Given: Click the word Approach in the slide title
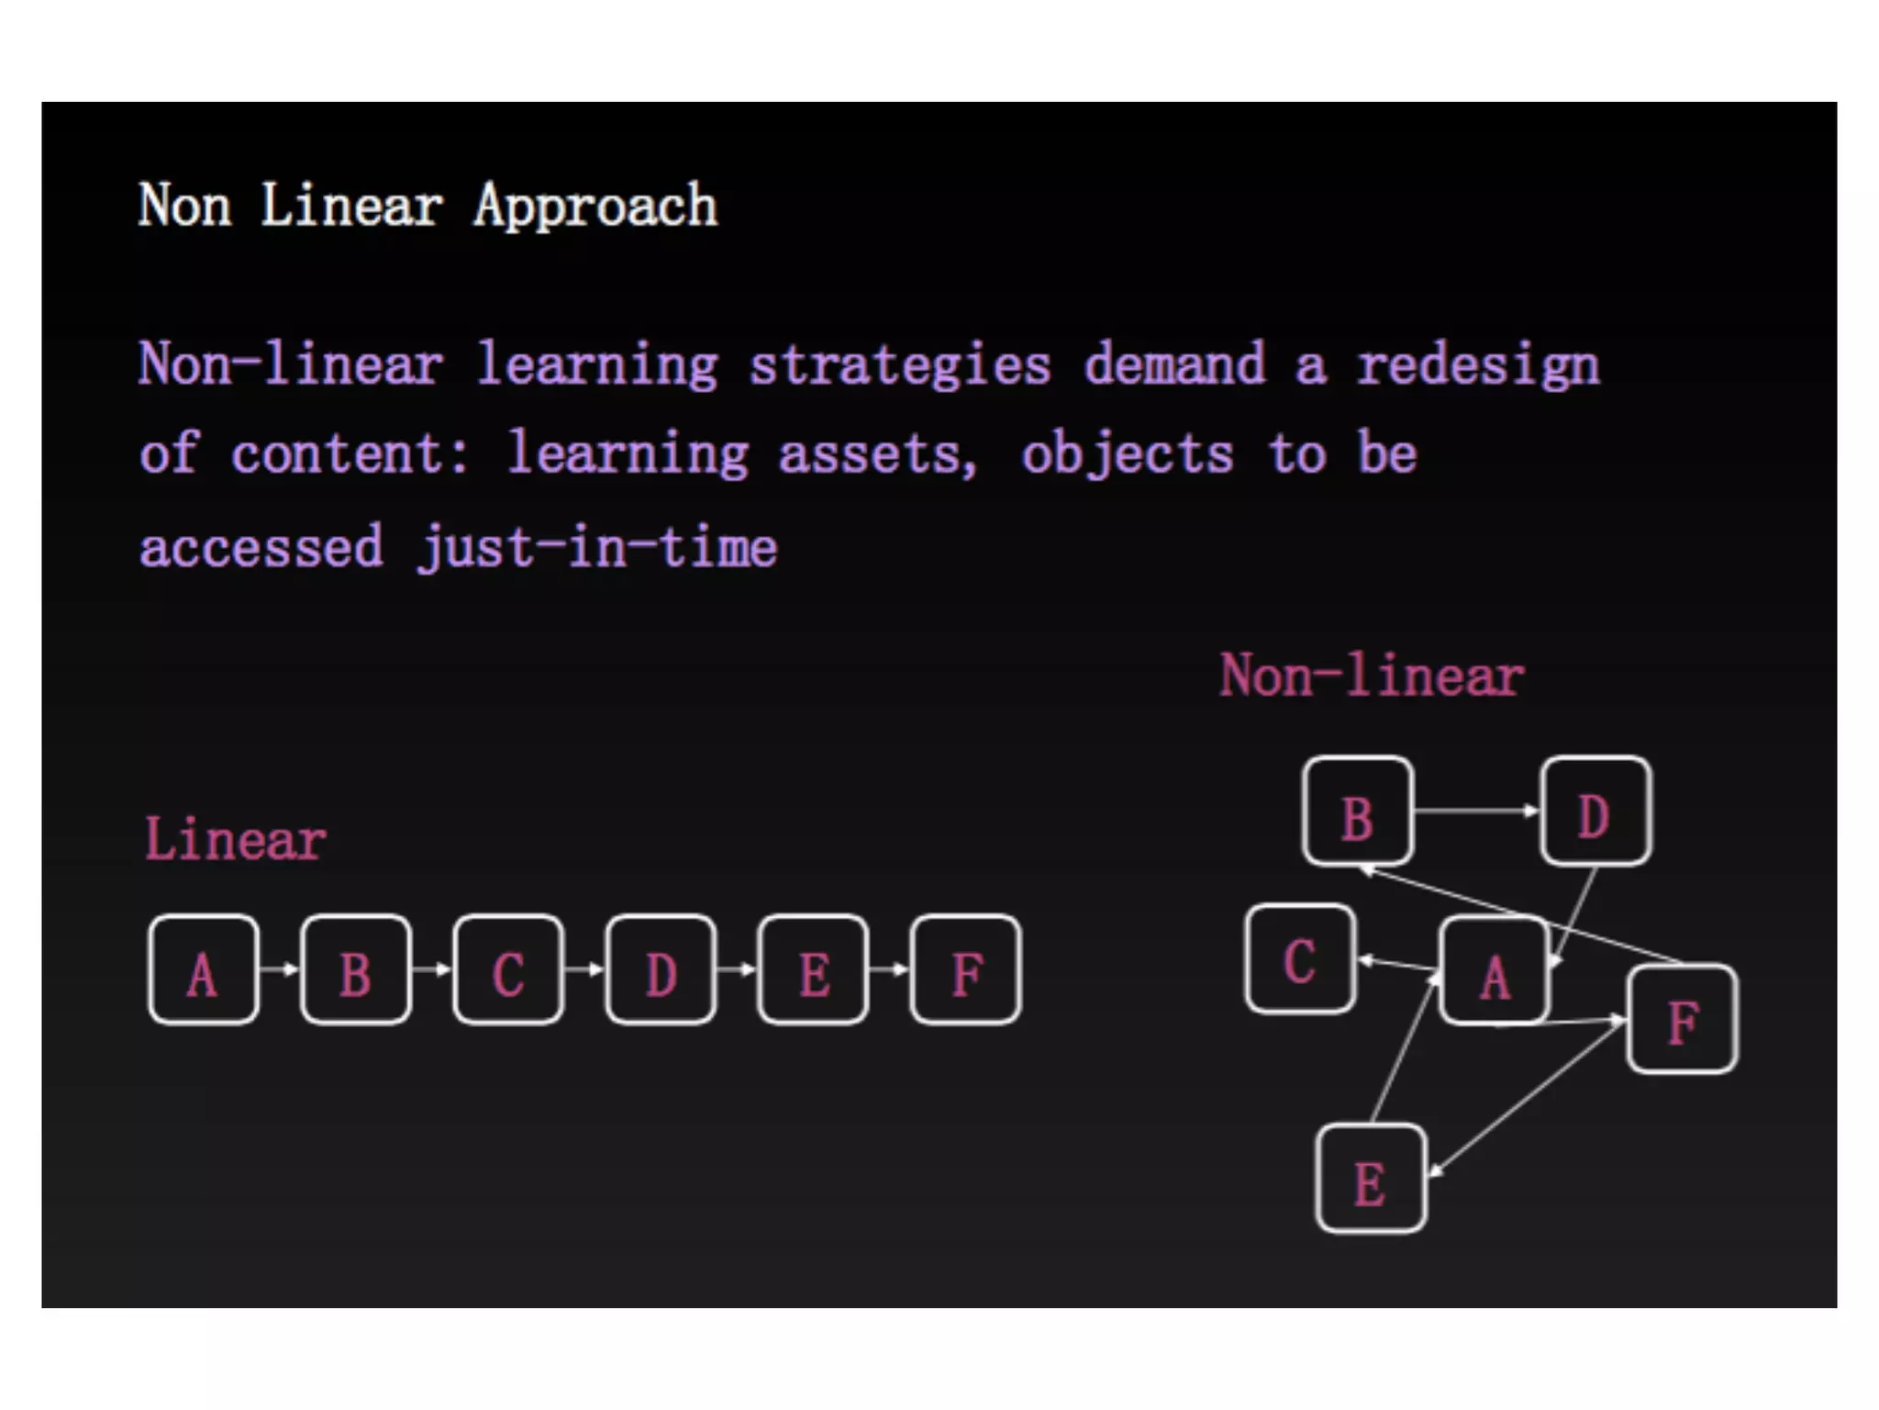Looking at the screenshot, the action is [595, 206].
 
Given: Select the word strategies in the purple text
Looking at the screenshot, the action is [899, 365].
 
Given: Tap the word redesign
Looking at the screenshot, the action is [1478, 365].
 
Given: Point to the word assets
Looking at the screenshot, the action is [877, 453].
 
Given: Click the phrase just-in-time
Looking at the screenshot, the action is [597, 547].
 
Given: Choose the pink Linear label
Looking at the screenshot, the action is [235, 839].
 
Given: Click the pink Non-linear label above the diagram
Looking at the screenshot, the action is [1371, 676].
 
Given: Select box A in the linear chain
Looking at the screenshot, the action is [203, 969].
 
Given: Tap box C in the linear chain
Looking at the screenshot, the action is [508, 969].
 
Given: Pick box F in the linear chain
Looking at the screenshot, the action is [965, 969].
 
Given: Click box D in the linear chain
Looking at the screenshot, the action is [661, 969].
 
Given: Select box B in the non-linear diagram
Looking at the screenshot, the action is [1358, 811].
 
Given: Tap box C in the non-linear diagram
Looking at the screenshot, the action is [1300, 958].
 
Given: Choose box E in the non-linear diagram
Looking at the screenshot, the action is [1371, 1179].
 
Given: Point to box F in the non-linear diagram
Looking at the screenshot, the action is [1683, 1019].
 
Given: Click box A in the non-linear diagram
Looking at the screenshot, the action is [1495, 971].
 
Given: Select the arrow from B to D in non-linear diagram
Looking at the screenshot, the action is [1476, 811].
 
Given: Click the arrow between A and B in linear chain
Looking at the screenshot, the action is [279, 968].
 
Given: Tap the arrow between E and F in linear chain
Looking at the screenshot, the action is [888, 968].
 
